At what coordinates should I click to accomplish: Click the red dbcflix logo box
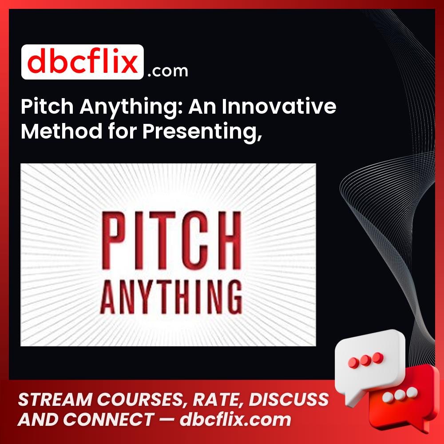(x=82, y=62)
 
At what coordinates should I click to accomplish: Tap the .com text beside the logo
(x=168, y=70)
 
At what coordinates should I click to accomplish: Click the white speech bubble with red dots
(x=372, y=357)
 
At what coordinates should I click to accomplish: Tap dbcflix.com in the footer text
(x=235, y=420)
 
